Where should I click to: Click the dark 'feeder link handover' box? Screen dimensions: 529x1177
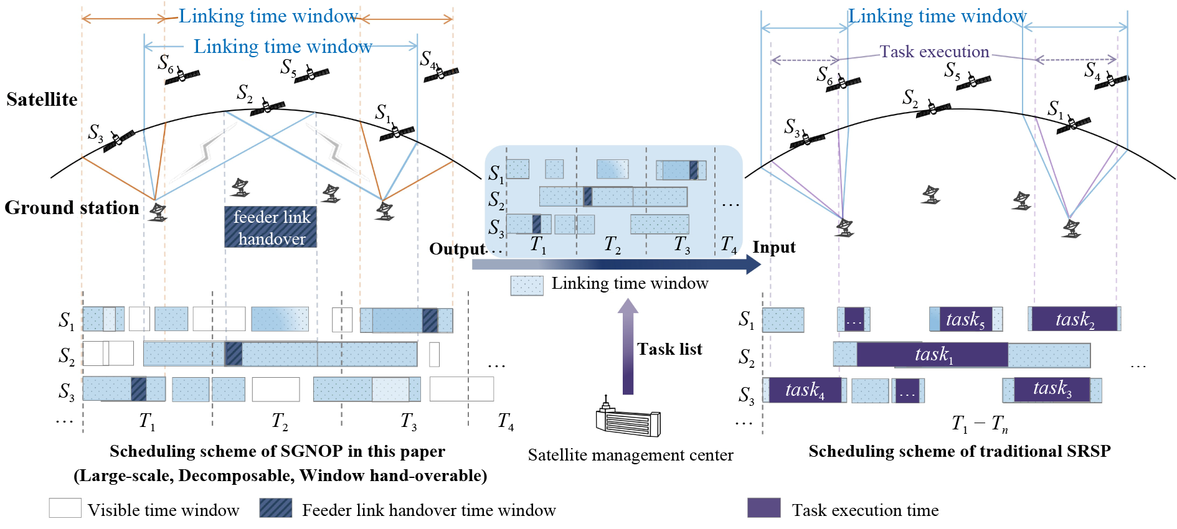coord(270,227)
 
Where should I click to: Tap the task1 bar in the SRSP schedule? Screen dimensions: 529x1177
coord(932,355)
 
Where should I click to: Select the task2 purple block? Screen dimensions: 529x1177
coord(1074,319)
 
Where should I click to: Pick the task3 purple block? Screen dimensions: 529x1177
coord(1052,390)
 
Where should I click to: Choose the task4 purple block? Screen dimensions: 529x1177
coord(805,390)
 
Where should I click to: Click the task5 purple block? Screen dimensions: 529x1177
coord(965,319)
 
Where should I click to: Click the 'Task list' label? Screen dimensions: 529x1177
coord(669,349)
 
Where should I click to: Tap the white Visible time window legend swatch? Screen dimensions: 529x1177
coord(65,508)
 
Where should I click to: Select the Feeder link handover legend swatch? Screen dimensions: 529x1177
coord(276,508)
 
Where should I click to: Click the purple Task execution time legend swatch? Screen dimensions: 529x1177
coord(763,508)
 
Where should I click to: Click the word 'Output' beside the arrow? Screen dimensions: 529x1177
coord(457,249)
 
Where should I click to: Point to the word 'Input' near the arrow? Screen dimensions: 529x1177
coord(774,247)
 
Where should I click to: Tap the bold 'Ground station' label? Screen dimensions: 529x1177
coord(72,207)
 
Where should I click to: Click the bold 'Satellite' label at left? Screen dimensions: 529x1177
coord(42,100)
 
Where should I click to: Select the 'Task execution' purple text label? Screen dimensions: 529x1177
coord(934,52)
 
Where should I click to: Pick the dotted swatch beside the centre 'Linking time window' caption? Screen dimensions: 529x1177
coord(527,285)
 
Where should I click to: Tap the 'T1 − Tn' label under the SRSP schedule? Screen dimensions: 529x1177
coord(979,424)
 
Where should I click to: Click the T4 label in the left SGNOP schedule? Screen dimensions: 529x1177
coord(506,422)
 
